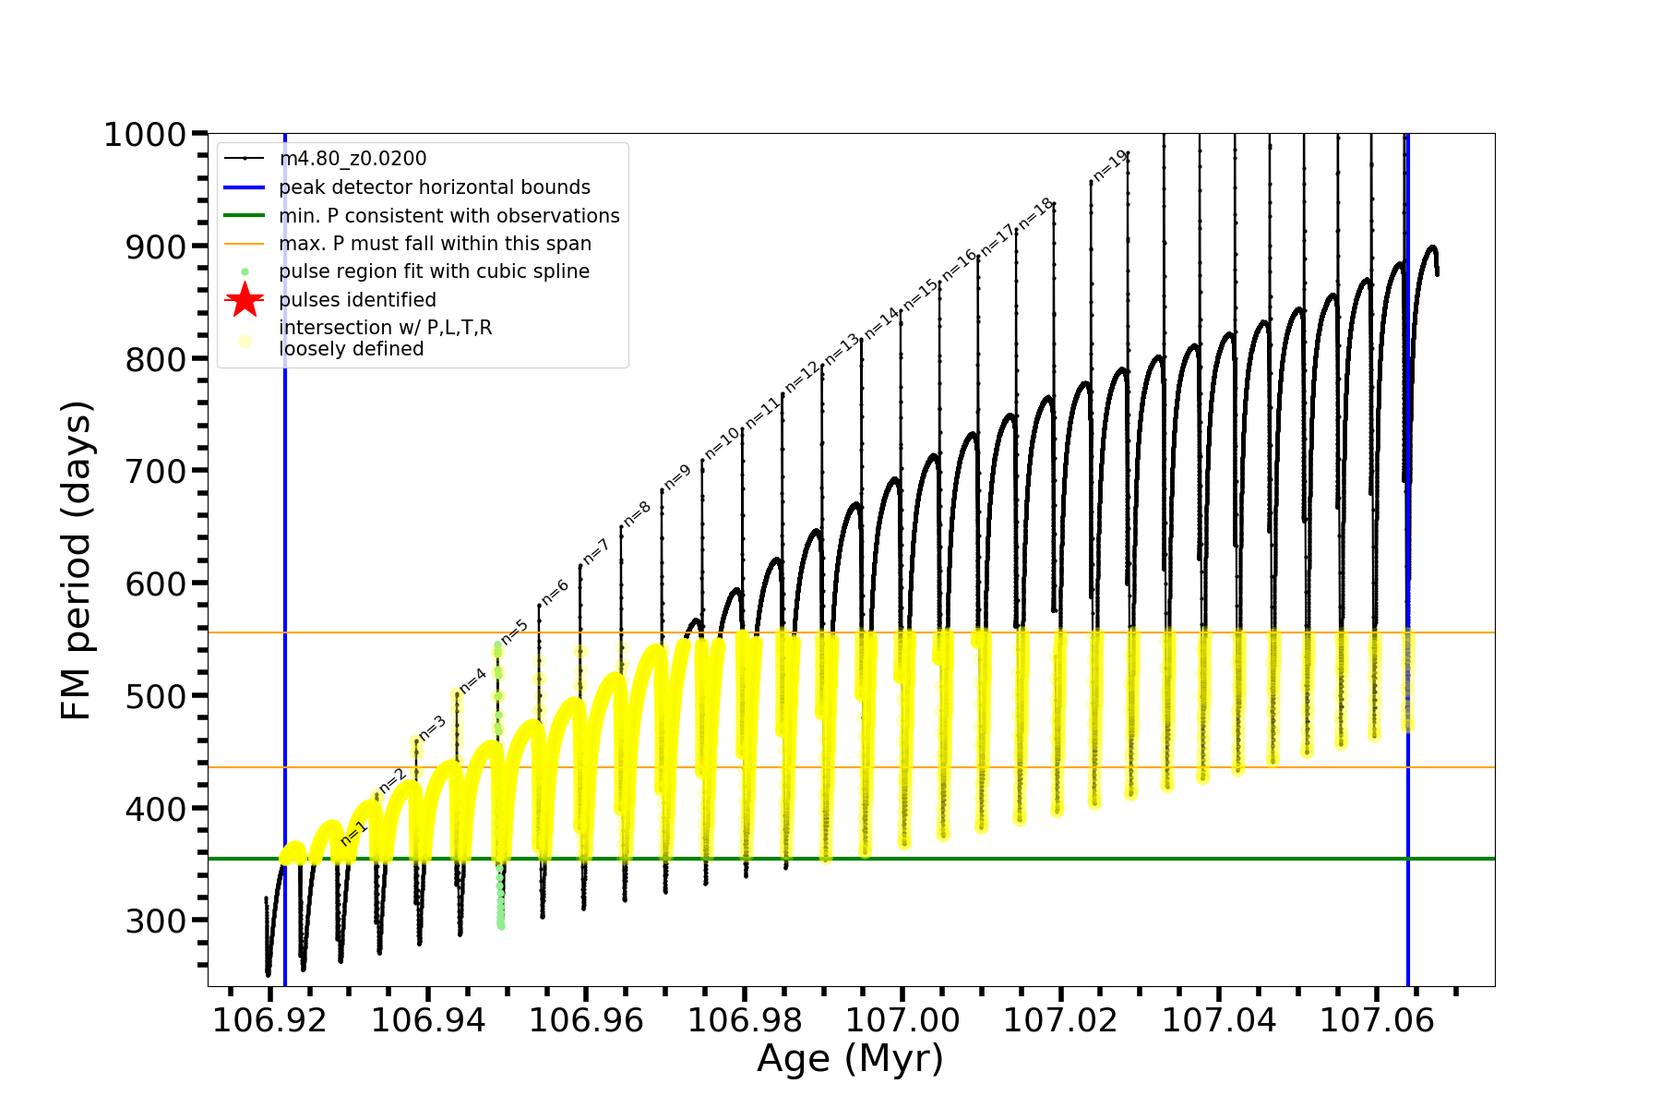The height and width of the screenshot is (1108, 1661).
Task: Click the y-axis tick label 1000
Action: point(145,135)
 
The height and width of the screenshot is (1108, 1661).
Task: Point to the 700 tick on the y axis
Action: point(155,472)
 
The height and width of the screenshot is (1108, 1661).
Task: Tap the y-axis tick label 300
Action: point(155,921)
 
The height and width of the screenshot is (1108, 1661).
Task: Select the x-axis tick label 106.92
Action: point(269,1021)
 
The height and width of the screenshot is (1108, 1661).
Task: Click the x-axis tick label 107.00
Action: point(902,1021)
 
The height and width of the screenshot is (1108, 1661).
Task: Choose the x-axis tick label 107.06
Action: point(1377,1021)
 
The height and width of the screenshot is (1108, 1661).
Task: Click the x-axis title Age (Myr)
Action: point(850,1059)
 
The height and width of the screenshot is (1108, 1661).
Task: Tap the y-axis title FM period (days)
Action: point(76,560)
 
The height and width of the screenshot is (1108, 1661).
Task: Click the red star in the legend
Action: point(245,300)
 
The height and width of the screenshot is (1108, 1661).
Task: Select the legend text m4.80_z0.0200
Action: point(353,159)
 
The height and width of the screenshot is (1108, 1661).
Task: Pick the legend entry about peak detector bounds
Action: point(435,187)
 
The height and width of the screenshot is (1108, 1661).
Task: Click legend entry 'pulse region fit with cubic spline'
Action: point(434,271)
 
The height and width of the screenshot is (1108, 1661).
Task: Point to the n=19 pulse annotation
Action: point(1110,165)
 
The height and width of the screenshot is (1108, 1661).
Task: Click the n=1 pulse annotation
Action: point(353,833)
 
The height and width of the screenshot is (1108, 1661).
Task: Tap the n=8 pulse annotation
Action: point(638,514)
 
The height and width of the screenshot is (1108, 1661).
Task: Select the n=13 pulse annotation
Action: point(842,350)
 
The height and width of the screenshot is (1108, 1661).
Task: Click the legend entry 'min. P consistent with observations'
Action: point(449,216)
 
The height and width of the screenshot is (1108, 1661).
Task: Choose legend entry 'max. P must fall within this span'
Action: point(435,244)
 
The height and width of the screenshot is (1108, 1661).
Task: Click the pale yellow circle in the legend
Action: point(245,341)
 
